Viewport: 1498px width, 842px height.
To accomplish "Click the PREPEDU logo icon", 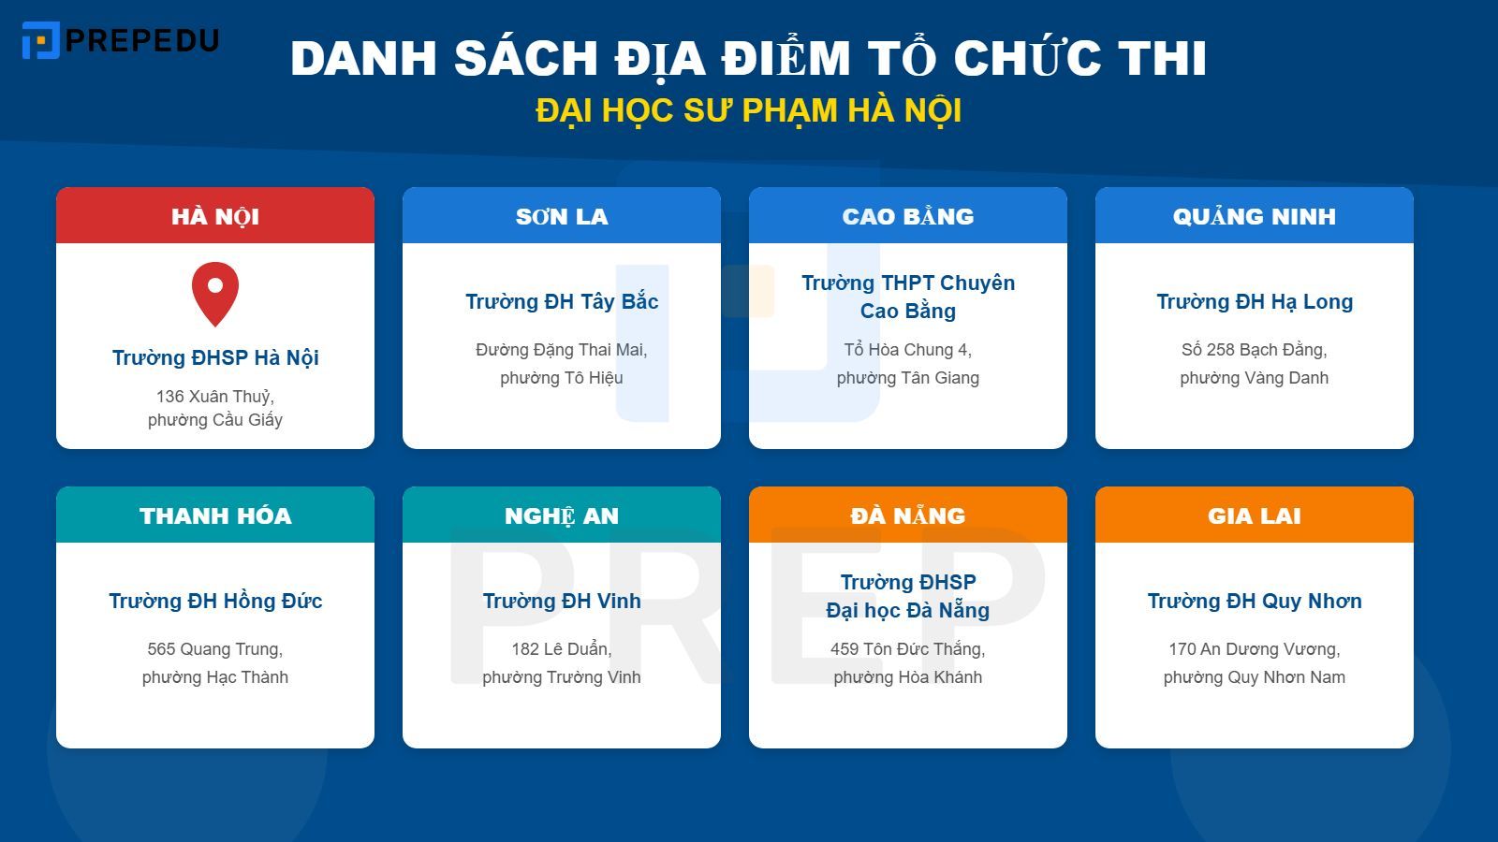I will tap(40, 40).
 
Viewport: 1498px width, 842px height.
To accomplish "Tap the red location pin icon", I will tap(215, 292).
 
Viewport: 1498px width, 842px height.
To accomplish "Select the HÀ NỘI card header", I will tap(215, 216).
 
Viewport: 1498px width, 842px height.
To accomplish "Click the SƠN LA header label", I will tap(562, 216).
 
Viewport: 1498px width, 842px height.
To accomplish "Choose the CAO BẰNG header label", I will tap(908, 216).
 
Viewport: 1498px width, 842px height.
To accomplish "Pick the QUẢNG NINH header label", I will tap(1255, 216).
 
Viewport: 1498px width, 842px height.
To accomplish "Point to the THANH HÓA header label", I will tap(215, 515).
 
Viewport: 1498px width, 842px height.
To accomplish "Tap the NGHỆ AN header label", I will tap(562, 515).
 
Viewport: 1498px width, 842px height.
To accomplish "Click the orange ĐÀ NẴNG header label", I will tap(908, 515).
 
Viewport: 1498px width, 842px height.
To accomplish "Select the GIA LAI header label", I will tap(1255, 515).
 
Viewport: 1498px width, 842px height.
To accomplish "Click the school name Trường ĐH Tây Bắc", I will tap(562, 301).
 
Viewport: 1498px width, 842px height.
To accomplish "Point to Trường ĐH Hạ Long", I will tap(1255, 301).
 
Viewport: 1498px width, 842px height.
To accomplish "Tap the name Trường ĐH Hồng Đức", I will tap(215, 601).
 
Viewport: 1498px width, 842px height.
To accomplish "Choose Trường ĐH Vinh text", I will tap(562, 601).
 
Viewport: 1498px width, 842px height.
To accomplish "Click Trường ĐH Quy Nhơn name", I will tap(1255, 601).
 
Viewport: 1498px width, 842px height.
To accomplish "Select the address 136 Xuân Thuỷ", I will tap(215, 397).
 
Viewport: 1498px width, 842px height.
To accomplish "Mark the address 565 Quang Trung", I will tap(215, 649).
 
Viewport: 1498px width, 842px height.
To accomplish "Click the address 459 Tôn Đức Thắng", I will tap(908, 649).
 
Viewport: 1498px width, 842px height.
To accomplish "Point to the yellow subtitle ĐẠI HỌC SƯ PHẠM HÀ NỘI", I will tap(749, 110).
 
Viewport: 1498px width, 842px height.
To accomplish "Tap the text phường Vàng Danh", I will tap(1255, 378).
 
